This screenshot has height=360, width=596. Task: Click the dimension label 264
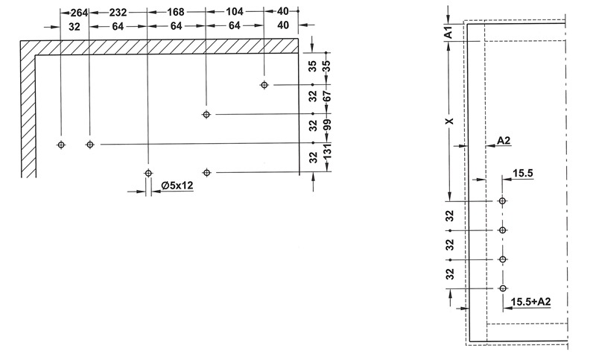(80, 13)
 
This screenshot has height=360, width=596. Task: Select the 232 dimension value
(118, 13)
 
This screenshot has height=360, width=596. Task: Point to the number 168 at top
(176, 12)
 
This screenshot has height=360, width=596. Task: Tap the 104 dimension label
(235, 12)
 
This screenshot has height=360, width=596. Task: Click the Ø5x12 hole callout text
(177, 186)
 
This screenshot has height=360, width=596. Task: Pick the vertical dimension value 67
(327, 96)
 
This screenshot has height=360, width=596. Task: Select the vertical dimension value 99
(327, 124)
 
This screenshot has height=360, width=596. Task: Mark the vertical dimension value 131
(327, 151)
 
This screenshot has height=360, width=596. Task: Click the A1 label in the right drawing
(449, 32)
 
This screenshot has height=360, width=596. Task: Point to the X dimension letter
(450, 121)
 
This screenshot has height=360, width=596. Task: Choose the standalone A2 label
(504, 141)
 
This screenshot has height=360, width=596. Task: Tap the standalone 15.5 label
(523, 174)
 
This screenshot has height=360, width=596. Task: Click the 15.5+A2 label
(530, 302)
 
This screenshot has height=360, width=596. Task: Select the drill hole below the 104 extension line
(264, 85)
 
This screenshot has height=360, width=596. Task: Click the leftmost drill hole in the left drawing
(61, 145)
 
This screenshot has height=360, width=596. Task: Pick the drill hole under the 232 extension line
(89, 145)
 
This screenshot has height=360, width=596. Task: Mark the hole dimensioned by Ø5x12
(148, 174)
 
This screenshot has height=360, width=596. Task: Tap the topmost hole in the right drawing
(502, 200)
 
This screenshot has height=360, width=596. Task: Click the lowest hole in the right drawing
(502, 288)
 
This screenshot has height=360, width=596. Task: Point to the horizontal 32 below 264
(74, 27)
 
